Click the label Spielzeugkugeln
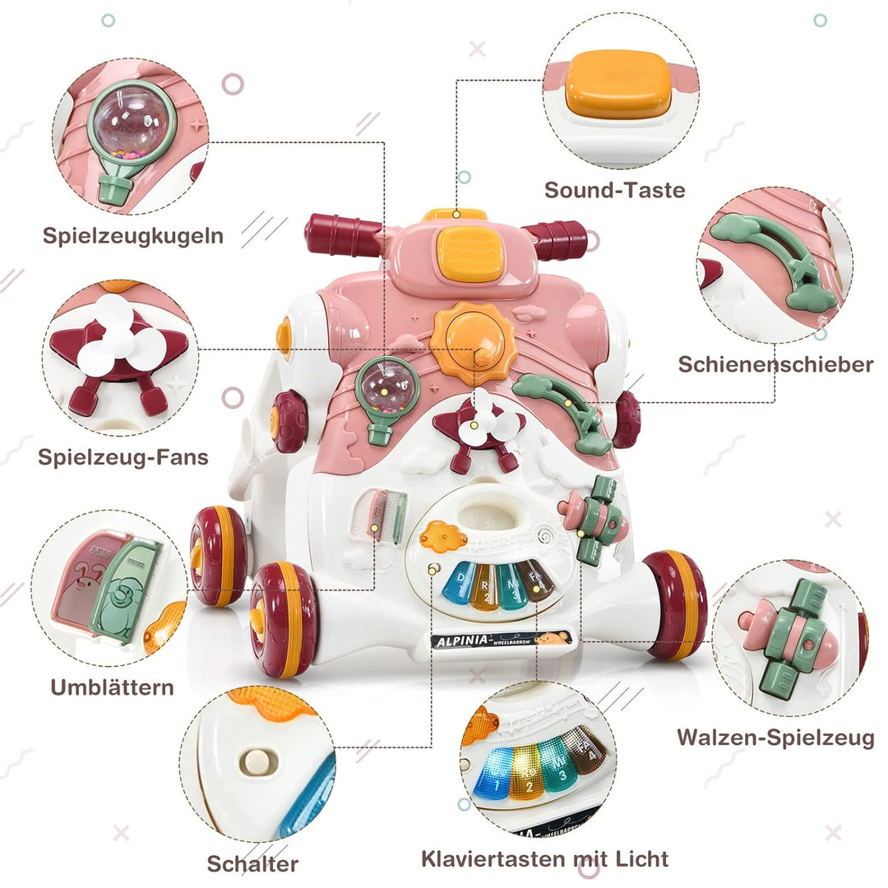[132, 235]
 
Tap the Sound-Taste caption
[614, 190]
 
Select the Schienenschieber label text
[775, 364]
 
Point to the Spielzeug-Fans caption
[123, 457]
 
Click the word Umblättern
[112, 687]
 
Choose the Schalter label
[252, 863]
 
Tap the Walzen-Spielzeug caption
[775, 738]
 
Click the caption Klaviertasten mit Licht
[544, 860]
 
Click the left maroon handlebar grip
[340, 234]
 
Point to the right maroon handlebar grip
[559, 238]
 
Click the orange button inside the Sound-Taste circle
[619, 84]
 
